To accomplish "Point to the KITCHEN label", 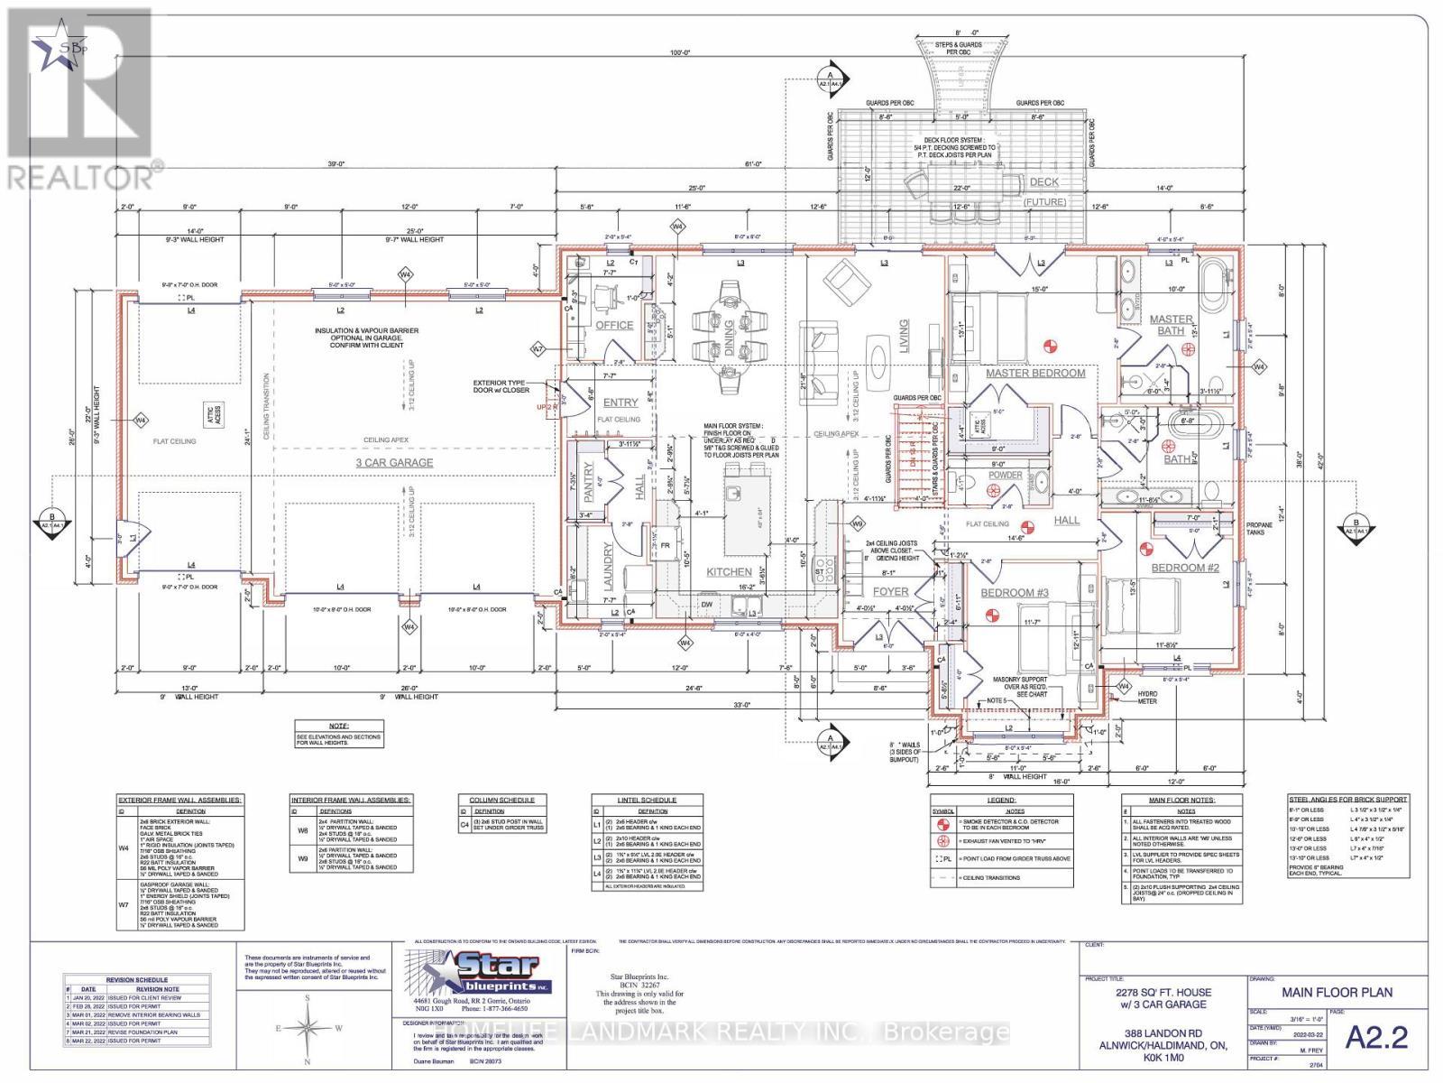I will point(729,571).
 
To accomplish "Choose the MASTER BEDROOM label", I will point(1034,373).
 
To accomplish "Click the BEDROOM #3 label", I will point(1015,592).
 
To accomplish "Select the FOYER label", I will point(915,592).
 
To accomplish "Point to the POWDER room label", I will point(1006,475).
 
